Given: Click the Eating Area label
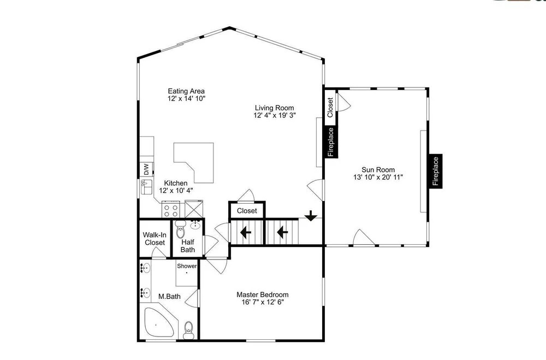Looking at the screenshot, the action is (186, 91).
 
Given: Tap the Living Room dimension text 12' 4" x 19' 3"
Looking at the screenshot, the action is (275, 115).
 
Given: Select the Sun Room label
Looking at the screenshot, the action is (378, 170).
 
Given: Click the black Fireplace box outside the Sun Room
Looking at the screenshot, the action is (436, 171).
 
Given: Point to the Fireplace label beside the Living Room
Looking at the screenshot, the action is (331, 142).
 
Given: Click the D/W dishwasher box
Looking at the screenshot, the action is (146, 170).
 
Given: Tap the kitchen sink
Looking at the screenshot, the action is (146, 187).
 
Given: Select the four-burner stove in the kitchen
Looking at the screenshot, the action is (171, 209).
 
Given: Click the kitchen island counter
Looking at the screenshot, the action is (197, 160).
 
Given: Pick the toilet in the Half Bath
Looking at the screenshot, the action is (180, 229).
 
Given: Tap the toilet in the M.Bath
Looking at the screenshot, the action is (188, 329).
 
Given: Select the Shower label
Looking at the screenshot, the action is (187, 266).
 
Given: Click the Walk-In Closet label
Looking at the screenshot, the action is (155, 239).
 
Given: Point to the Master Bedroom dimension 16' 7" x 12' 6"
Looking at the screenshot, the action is (263, 302).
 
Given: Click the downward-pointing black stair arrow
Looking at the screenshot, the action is (311, 216).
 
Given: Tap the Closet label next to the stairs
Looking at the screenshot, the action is (247, 211).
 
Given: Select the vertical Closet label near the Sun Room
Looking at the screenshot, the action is (330, 107).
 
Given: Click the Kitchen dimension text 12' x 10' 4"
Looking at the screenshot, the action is (176, 191).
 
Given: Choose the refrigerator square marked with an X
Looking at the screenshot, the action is (194, 209).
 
